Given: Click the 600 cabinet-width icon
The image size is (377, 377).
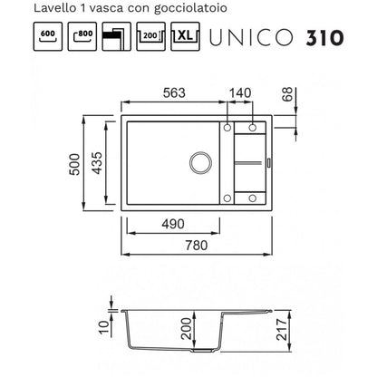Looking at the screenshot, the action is (x=48, y=36).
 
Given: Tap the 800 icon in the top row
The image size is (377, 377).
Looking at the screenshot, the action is (x=82, y=36).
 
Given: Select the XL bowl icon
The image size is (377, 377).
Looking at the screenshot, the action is (x=185, y=36).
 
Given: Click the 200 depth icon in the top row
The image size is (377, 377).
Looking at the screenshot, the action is (x=150, y=36).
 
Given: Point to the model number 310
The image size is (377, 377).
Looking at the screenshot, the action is (x=324, y=38).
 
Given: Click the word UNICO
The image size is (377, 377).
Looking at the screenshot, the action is (x=251, y=38).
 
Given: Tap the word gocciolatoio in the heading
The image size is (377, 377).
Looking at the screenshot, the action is (x=190, y=8).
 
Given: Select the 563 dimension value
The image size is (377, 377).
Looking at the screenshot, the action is (x=174, y=92).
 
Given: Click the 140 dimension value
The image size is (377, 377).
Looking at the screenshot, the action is (x=240, y=92).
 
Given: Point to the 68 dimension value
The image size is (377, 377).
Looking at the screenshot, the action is (x=287, y=94).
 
